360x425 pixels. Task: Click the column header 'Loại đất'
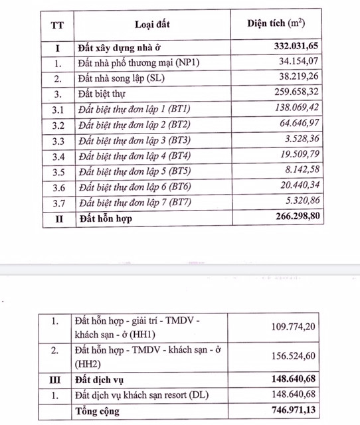coord(153,25)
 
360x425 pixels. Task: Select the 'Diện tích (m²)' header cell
coord(276,24)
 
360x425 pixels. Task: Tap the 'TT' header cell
coord(57,25)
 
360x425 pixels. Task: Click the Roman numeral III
coord(56,381)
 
